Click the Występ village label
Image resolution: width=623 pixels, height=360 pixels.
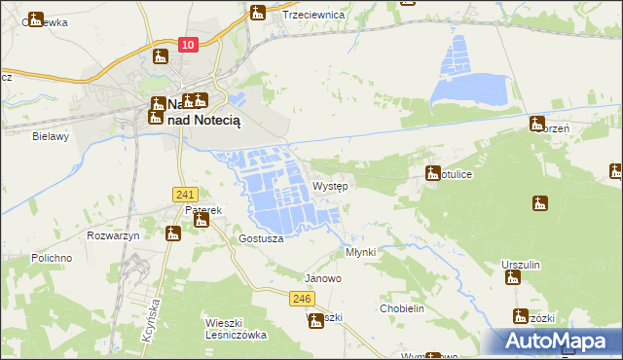click(330, 186)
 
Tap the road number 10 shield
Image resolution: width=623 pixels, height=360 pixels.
click(190, 45)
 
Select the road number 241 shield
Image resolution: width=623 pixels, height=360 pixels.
click(187, 195)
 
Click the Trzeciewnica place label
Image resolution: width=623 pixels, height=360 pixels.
click(313, 16)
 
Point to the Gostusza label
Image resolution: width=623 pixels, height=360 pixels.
click(261, 238)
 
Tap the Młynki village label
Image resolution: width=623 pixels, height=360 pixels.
click(361, 251)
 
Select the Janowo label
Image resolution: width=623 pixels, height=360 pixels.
click(323, 278)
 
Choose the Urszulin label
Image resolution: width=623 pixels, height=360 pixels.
click(521, 265)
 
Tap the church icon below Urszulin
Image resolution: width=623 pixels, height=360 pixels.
click(513, 279)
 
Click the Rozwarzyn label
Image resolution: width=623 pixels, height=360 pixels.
click(114, 236)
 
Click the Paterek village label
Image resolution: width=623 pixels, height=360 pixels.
click(204, 209)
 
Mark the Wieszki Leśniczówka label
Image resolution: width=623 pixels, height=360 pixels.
click(236, 328)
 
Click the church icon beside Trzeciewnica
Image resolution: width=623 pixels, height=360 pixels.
click(258, 13)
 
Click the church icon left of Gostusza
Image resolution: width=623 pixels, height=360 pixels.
click(173, 233)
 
